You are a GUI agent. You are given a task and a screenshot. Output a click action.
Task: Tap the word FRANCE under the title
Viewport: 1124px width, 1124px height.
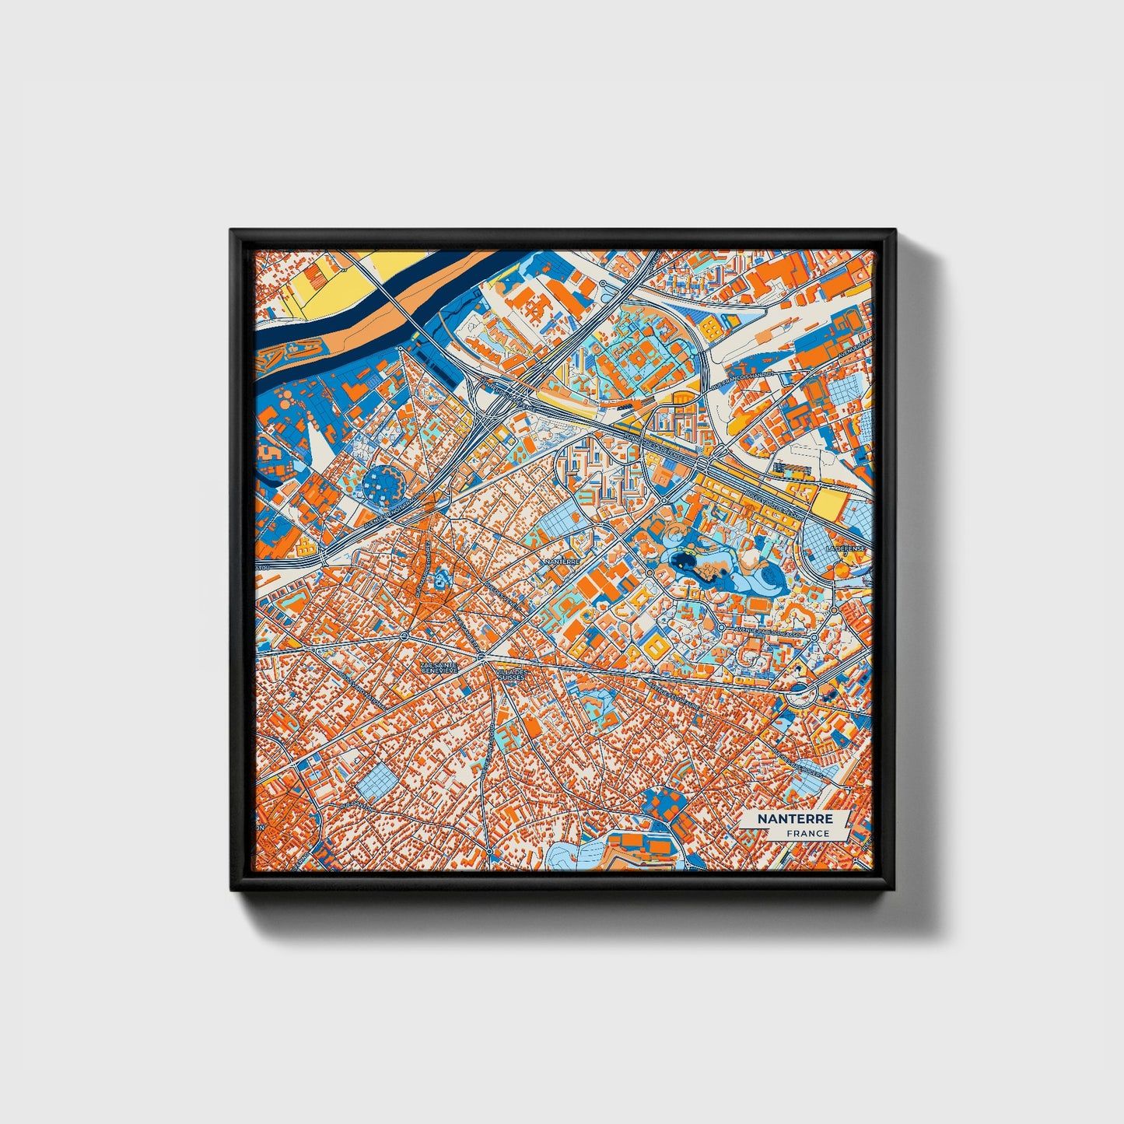pyautogui.click(x=807, y=833)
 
